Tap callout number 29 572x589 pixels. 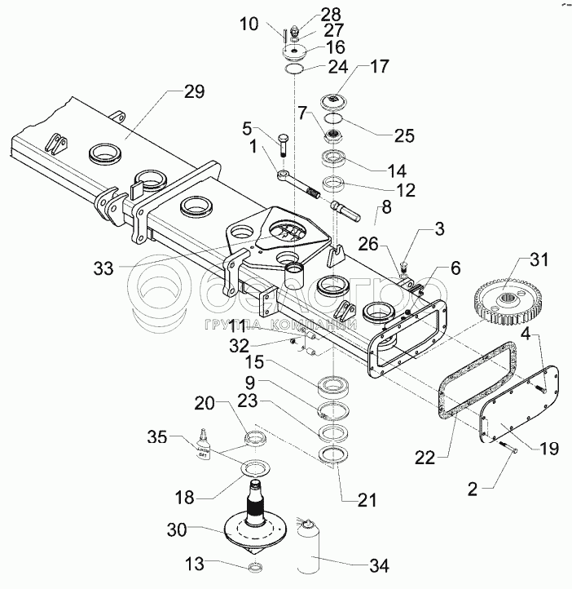(x=195, y=92)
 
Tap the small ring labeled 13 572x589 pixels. (x=253, y=567)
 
